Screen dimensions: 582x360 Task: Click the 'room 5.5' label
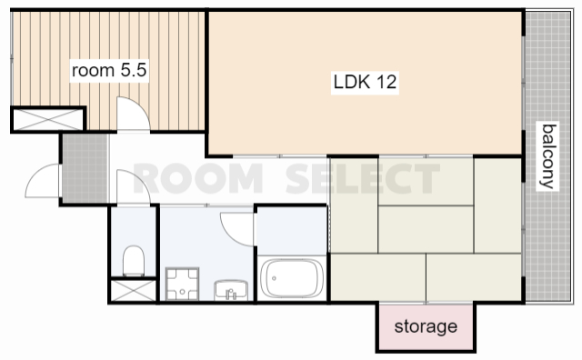[109, 70]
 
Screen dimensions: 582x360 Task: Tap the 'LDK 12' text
[365, 82]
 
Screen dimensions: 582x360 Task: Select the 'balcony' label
[548, 156]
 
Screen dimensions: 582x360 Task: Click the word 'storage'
[426, 327]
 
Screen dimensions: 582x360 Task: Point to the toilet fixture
[134, 261]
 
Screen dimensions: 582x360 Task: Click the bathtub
[292, 278]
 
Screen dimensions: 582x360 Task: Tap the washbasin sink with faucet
[231, 290]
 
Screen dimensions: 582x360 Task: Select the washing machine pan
[182, 284]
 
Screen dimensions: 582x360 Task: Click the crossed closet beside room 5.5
[48, 119]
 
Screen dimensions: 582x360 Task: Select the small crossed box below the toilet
[134, 290]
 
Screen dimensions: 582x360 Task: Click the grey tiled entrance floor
[85, 168]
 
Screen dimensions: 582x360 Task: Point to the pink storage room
[426, 327]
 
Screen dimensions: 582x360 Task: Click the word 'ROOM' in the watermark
[197, 178]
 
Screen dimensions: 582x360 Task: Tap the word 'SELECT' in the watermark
[363, 178]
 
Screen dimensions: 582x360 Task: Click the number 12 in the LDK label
[386, 82]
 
